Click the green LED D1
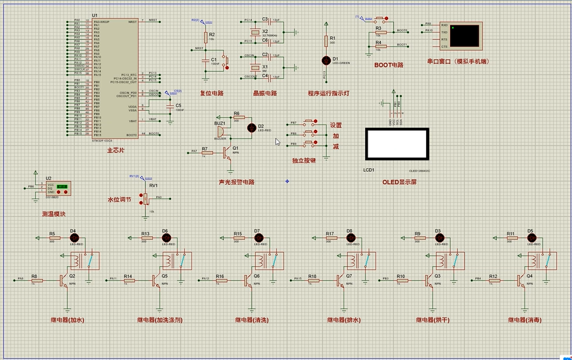326,60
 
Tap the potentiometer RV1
145,197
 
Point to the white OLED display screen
396,144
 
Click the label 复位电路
211,93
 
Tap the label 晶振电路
265,93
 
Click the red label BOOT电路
389,65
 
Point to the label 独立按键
303,161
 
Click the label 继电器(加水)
67,320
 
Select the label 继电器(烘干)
432,320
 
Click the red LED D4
73,237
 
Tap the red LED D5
531,237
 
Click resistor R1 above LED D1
326,40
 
